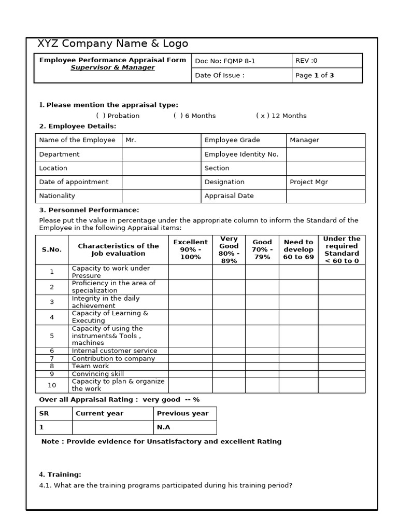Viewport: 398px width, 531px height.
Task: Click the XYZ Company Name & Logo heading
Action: coord(113,44)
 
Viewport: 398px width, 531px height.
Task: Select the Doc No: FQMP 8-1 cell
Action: coord(225,61)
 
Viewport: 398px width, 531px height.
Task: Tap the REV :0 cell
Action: coord(306,61)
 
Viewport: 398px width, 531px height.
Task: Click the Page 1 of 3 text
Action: coord(315,75)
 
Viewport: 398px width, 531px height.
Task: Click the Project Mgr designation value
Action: coord(309,182)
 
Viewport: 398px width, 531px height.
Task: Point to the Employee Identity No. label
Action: coord(241,154)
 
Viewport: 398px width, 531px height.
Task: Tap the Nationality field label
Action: coord(57,196)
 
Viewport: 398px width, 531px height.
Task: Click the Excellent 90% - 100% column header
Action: coord(190,249)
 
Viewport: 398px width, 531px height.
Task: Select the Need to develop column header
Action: coord(298,249)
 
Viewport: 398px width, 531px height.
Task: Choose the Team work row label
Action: coord(90,366)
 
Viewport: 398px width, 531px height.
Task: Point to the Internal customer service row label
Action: coord(114,351)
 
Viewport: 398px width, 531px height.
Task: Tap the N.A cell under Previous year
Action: coord(164,427)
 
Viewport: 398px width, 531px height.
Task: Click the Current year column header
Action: coord(99,413)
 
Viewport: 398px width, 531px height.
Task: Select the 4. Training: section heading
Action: coord(60,474)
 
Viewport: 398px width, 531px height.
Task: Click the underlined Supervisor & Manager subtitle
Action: coord(112,68)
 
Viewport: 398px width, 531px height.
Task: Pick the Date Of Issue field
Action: coord(220,75)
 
